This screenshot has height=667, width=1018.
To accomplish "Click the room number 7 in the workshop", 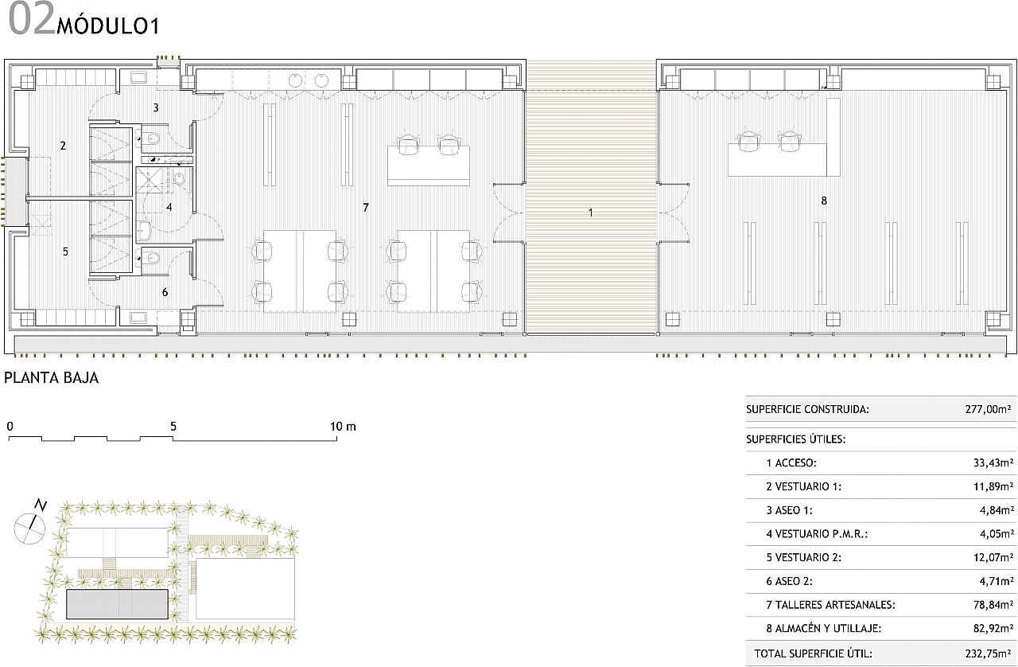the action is click(366, 208).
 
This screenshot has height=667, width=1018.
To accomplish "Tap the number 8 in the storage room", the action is click(824, 201).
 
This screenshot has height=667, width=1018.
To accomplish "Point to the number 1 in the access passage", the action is click(591, 213).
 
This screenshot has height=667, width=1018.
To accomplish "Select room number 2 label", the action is click(63, 146).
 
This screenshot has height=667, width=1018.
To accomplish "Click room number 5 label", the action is click(65, 252).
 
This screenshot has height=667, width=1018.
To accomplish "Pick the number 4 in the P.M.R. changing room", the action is click(169, 208).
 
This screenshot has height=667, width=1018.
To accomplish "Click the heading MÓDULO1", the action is click(108, 27).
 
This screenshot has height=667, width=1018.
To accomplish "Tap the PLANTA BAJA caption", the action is click(52, 377).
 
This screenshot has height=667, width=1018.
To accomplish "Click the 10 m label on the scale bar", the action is click(343, 427).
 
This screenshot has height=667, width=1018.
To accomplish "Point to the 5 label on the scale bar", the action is click(173, 427).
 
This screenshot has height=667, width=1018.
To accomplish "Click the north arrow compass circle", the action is click(29, 529).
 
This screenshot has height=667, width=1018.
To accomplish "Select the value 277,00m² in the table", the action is click(988, 409).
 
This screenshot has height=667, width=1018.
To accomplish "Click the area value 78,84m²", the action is click(993, 605).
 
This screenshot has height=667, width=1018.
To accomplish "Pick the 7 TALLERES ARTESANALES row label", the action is click(830, 605).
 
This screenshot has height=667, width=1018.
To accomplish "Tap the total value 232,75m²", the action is click(988, 653).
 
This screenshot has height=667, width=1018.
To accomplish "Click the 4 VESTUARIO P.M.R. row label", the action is click(817, 534).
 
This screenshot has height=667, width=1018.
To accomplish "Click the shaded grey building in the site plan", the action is click(117, 604).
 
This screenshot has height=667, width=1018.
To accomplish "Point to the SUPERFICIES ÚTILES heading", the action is click(796, 439).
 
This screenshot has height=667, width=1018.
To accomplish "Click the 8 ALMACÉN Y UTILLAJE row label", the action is click(823, 628).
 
